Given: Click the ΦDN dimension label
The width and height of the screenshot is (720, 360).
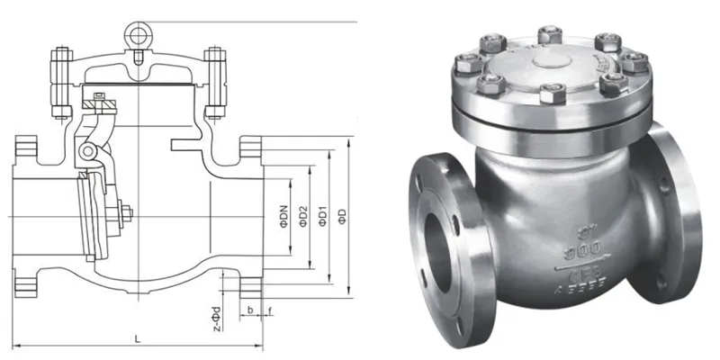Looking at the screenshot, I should (283, 216).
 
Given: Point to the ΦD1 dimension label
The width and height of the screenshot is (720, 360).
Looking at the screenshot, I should (325, 216).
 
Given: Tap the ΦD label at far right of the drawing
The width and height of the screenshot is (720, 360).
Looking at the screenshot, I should (342, 216).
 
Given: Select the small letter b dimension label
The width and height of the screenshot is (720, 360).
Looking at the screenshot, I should (249, 310).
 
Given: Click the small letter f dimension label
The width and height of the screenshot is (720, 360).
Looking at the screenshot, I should (268, 310).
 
